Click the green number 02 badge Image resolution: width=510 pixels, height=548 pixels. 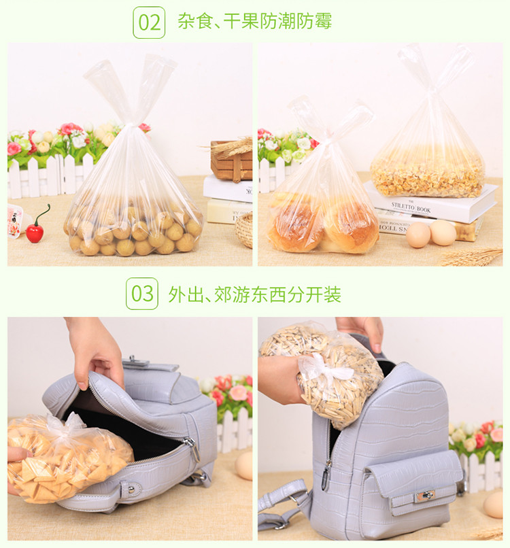coord(149,22)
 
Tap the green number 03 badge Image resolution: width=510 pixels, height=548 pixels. coord(142,294)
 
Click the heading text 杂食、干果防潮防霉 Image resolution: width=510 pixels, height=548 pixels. coord(254,22)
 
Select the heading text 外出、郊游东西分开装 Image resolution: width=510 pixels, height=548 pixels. coord(254,294)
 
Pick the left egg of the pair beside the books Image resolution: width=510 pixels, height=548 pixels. coord(418,235)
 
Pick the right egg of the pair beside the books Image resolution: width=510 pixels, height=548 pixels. coord(443,233)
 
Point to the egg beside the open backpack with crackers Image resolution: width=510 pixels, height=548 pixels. coord(243,466)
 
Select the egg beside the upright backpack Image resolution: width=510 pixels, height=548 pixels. coord(493,504)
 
